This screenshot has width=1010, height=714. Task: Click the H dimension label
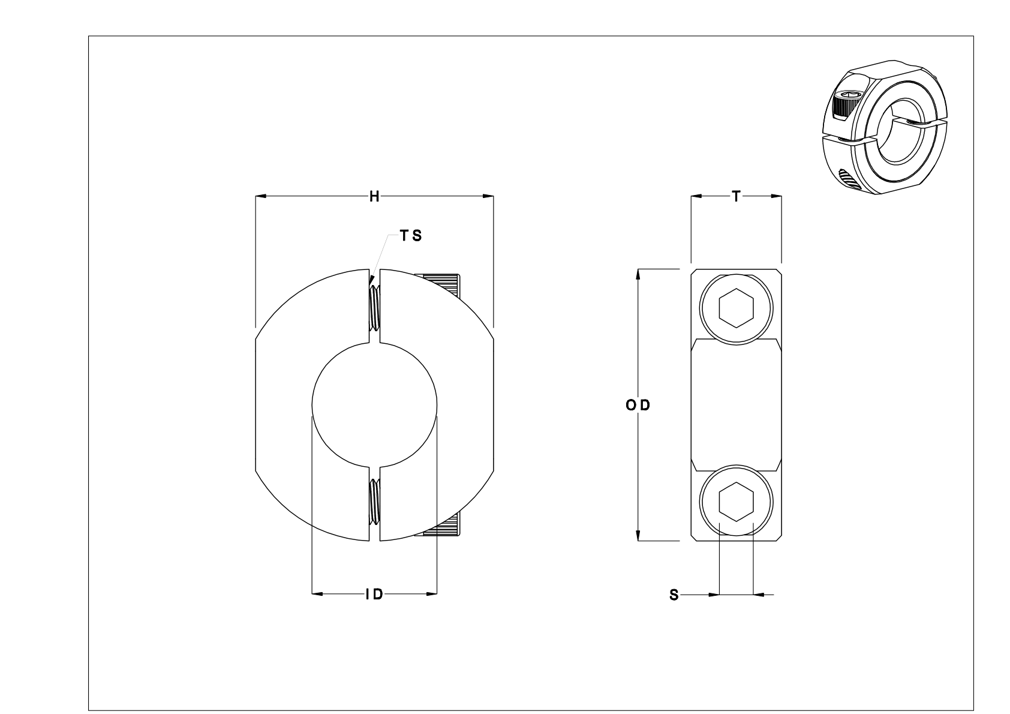(x=374, y=196)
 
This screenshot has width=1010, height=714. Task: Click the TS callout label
(x=411, y=236)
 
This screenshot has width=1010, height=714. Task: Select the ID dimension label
(x=375, y=595)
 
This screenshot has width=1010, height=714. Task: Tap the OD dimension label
(x=638, y=406)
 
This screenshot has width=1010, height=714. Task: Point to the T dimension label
(x=736, y=196)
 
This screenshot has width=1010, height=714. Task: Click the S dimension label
(x=674, y=595)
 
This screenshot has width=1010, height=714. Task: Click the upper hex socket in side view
(x=736, y=308)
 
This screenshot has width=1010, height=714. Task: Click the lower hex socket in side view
(x=736, y=502)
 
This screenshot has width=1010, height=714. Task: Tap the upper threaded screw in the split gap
(x=374, y=307)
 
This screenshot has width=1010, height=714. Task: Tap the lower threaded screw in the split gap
(x=374, y=502)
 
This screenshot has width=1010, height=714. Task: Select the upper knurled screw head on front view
(x=443, y=285)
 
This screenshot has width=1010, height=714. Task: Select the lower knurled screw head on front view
(x=443, y=528)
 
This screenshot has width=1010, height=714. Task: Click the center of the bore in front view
(x=374, y=406)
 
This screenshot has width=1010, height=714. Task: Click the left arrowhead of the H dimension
(x=260, y=196)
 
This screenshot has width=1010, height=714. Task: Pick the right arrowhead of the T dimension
(x=777, y=196)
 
